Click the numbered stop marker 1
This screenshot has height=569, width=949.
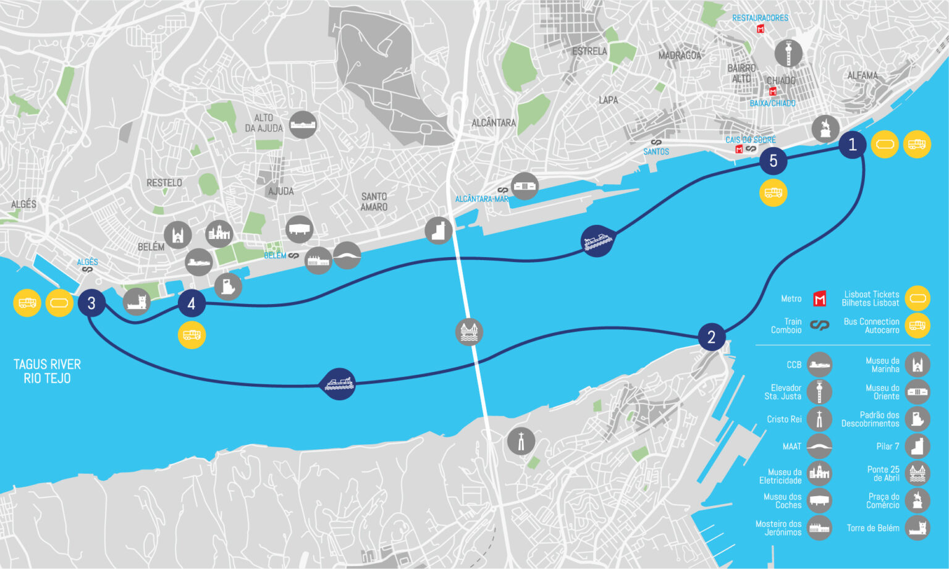pyautogui.click(x=852, y=145)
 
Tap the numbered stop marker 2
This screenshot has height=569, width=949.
pyautogui.click(x=711, y=337)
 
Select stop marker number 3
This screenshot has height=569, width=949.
pyautogui.click(x=91, y=303)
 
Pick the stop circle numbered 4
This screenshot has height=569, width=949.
pyautogui.click(x=191, y=303)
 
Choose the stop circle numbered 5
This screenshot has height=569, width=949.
pyautogui.click(x=773, y=161)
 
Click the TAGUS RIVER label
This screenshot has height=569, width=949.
pyautogui.click(x=47, y=365)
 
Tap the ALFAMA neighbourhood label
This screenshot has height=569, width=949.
pyautogui.click(x=862, y=75)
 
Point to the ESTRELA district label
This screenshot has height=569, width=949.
pyautogui.click(x=589, y=51)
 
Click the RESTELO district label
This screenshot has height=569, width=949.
pyautogui.click(x=164, y=183)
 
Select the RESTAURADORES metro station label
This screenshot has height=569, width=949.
pyautogui.click(x=760, y=18)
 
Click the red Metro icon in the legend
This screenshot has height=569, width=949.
pyautogui.click(x=819, y=299)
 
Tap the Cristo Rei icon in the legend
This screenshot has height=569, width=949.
pyautogui.click(x=819, y=419)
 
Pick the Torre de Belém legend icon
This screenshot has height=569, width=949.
pyautogui.click(x=917, y=528)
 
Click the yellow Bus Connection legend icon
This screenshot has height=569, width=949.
pyautogui.click(x=917, y=326)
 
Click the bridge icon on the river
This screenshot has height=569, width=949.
pyautogui.click(x=469, y=332)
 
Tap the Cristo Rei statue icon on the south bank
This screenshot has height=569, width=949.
pyautogui.click(x=521, y=441)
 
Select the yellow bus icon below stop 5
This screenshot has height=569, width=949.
pyautogui.click(x=773, y=193)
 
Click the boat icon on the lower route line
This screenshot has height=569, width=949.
pyautogui.click(x=339, y=384)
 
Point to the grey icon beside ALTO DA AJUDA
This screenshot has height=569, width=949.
pyautogui.click(x=303, y=125)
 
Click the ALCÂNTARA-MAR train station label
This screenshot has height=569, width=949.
pyautogui.click(x=481, y=199)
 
